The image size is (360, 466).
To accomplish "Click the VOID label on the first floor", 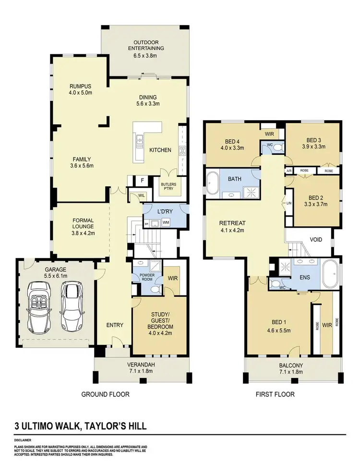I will [x=316, y=239].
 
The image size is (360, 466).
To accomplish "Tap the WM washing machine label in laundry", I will [x=166, y=222].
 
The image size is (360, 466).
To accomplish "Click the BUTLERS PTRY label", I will [x=170, y=186].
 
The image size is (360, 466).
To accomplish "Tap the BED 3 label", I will [x=313, y=141].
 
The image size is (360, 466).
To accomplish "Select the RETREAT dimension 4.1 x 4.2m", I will [x=232, y=230].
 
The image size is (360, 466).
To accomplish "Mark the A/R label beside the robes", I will [x=289, y=171].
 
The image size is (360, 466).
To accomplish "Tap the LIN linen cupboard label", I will [x=288, y=204].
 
